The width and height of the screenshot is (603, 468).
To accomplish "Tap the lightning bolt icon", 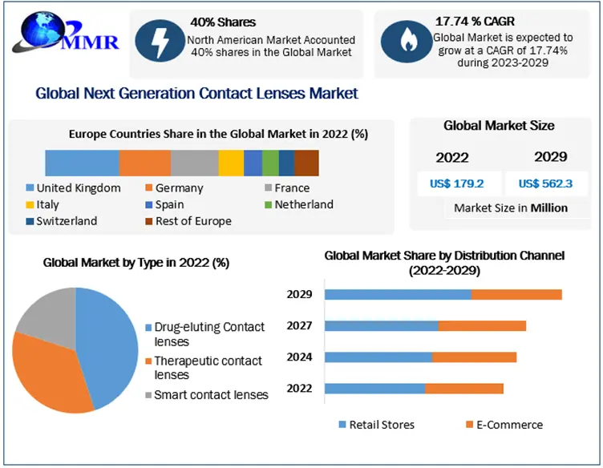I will coord(159,39).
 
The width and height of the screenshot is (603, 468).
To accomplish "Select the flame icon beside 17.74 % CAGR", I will coord(403,41).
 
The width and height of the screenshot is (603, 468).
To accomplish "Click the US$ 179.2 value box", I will coord(457,184).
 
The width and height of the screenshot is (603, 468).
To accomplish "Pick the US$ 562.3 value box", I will coord(545,184).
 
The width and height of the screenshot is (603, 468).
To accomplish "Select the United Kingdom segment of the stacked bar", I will coord(82,163).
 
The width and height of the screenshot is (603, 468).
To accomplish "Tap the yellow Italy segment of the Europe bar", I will coord(231,163).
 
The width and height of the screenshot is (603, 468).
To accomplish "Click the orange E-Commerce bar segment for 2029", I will coord(516,294).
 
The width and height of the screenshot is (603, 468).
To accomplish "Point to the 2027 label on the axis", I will coord(299,326).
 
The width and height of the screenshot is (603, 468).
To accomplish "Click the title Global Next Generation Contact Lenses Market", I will coord(197,94).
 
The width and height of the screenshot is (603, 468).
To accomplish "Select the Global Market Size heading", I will coord(499,126).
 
